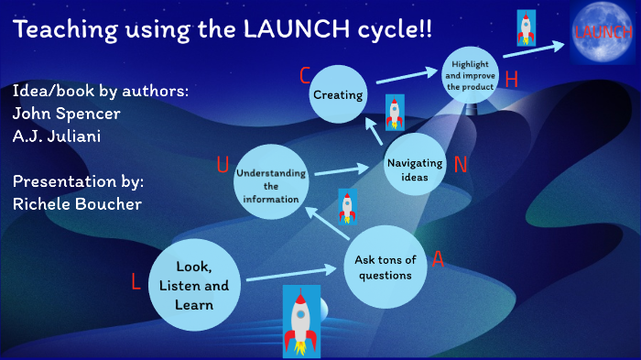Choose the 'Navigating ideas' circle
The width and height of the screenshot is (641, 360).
(415, 169)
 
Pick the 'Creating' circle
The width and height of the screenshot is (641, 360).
(340, 94)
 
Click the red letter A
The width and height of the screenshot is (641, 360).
(439, 259)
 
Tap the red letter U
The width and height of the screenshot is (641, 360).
(223, 165)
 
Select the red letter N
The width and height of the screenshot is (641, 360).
(461, 165)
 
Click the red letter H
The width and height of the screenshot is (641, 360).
(512, 80)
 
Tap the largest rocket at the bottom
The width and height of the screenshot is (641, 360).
(300, 321)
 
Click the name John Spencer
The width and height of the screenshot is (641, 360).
(66, 115)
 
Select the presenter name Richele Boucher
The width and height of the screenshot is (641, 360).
(77, 203)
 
